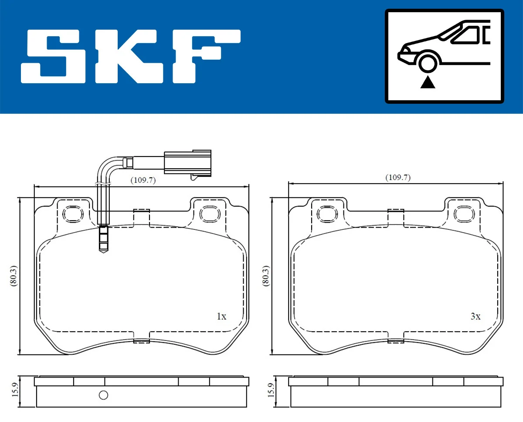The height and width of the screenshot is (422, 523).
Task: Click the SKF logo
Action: point(131,57)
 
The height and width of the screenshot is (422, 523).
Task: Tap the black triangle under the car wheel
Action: point(428,82)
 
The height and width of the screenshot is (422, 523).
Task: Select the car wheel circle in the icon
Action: point(428,62)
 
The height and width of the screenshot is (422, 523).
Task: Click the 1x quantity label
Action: point(221,316)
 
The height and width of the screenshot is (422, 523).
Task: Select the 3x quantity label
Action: point(475,316)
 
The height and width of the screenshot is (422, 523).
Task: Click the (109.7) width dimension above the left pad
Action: point(143,180)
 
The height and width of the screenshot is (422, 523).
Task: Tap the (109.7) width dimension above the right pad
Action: point(397,177)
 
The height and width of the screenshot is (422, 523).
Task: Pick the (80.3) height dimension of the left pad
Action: point(14,276)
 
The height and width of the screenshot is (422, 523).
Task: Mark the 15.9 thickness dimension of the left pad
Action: point(14,391)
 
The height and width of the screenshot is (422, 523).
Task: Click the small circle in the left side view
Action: point(103,395)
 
